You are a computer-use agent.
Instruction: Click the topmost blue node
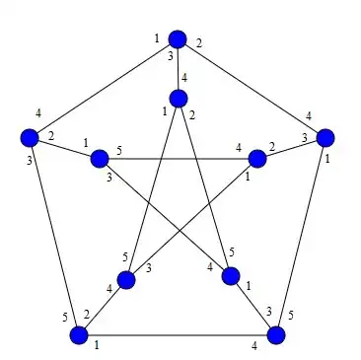tap(178, 39)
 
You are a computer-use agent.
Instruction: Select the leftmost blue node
tap(30, 137)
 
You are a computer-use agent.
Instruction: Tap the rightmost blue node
tap(325, 137)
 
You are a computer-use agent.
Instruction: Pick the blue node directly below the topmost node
tap(179, 99)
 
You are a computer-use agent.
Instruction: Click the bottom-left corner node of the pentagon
tap(79, 335)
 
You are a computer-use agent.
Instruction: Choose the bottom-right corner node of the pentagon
tap(276, 335)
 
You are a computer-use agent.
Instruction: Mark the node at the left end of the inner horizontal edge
tap(100, 159)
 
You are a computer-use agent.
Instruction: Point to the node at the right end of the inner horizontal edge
tap(257, 159)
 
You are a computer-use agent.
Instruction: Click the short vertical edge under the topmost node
tap(178, 69)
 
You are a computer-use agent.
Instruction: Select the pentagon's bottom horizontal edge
tap(178, 335)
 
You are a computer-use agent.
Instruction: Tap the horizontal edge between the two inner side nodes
tap(179, 159)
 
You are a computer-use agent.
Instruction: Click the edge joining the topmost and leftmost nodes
tap(104, 89)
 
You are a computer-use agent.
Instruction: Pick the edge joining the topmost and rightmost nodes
tap(252, 89)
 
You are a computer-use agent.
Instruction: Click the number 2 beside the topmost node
tap(198, 43)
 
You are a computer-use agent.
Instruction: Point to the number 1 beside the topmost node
tap(157, 38)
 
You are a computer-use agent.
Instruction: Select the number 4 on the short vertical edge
tap(184, 78)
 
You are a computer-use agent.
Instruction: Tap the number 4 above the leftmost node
tap(38, 113)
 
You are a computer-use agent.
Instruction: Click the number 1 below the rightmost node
tap(326, 160)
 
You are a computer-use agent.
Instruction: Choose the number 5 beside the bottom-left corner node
tap(65, 318)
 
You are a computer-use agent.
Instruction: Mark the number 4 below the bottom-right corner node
tap(254, 346)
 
